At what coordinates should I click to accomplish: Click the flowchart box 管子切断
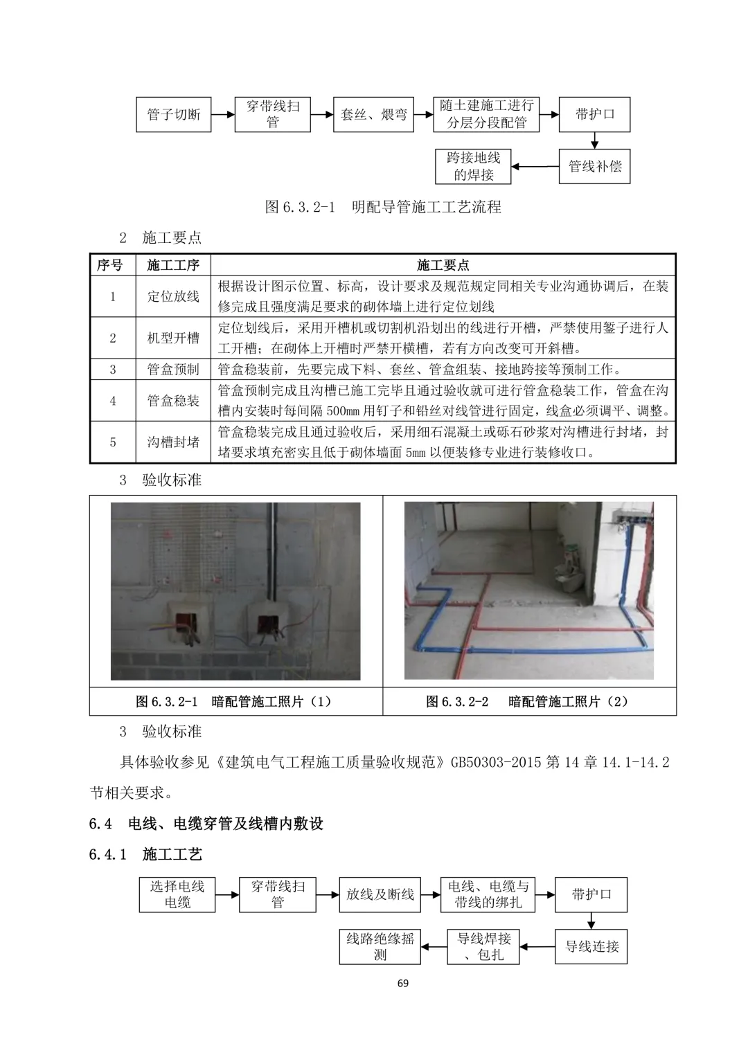tap(173, 114)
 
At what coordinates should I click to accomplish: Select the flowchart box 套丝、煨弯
tap(374, 114)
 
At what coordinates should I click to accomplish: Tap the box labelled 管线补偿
tap(594, 166)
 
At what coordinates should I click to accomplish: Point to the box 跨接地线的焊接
tap(473, 166)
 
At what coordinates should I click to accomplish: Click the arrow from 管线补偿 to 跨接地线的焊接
tap(535, 166)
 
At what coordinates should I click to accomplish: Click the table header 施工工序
tap(173, 265)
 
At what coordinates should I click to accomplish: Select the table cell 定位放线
tap(173, 296)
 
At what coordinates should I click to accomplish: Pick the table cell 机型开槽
tap(173, 338)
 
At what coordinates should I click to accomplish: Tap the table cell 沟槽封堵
tap(173, 442)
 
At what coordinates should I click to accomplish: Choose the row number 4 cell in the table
tap(113, 401)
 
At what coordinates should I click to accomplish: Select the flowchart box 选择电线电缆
tap(177, 894)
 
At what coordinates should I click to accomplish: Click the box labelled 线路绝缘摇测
tap(380, 946)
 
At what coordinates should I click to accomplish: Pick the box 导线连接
tap(591, 946)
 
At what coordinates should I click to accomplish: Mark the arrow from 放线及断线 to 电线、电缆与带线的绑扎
tap(430, 894)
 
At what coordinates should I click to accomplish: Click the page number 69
tap(403, 983)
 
